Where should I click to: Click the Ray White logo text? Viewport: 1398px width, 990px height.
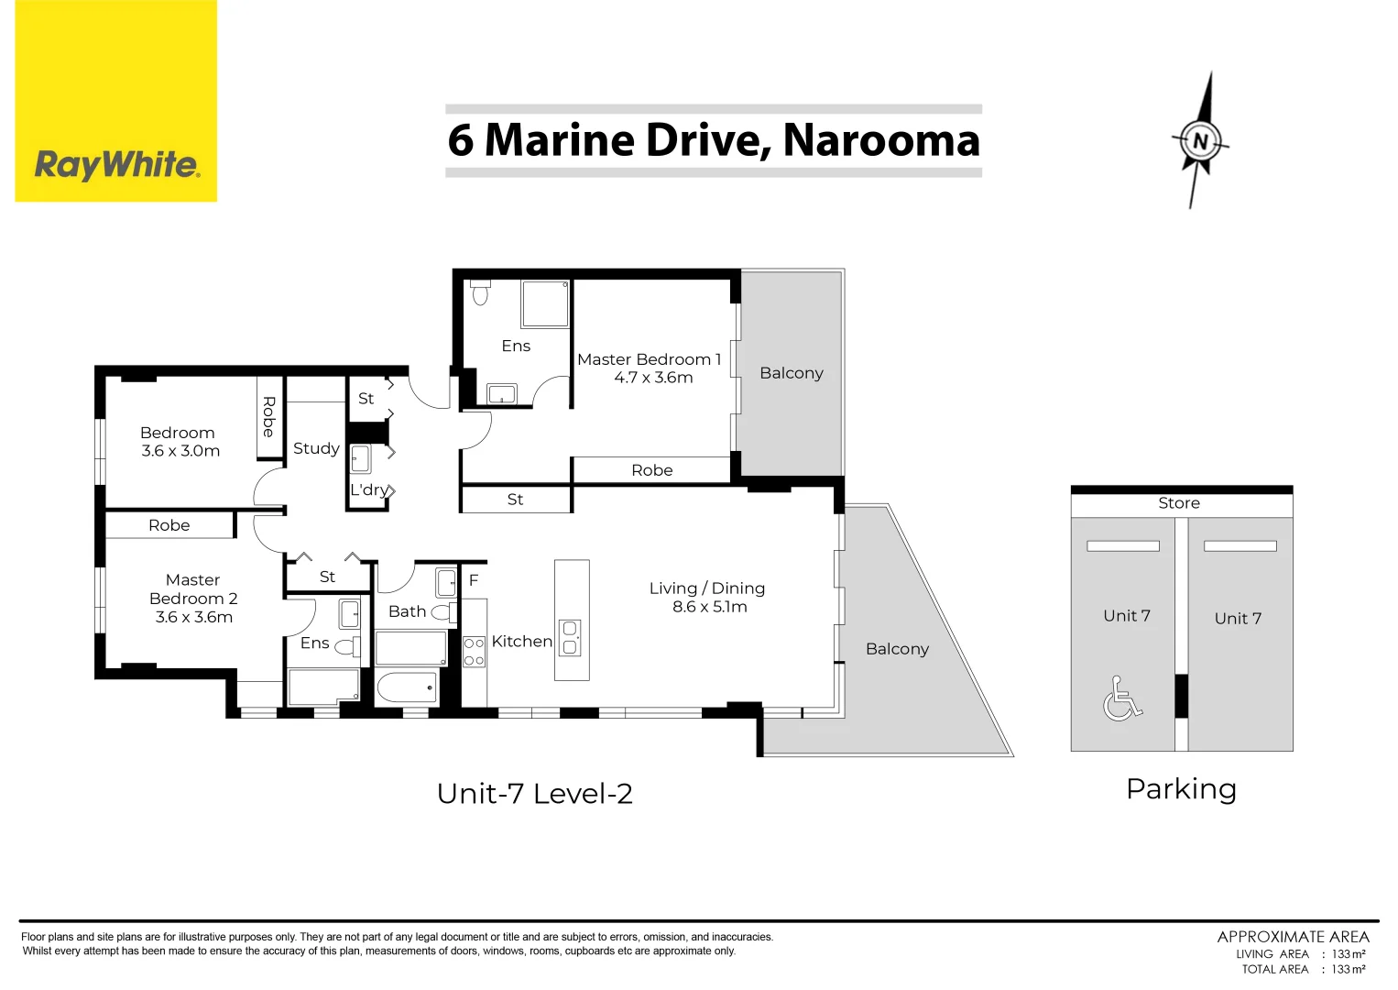click(116, 166)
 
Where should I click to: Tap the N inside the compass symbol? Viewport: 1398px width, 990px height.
click(1200, 141)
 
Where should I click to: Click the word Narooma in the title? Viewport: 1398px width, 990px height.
click(881, 140)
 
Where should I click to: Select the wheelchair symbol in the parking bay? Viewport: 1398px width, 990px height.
click(1122, 698)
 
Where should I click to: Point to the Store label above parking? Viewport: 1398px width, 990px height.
click(1179, 503)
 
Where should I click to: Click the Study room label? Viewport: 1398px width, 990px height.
click(316, 448)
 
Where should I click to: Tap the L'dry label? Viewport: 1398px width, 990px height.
click(369, 489)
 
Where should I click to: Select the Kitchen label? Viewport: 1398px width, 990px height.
click(522, 641)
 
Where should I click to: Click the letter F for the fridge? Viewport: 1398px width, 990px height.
click(474, 580)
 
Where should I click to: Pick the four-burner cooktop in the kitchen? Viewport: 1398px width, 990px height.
click(474, 652)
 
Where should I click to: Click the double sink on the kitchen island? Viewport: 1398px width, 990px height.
click(570, 638)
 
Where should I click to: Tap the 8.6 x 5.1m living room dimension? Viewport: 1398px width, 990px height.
click(710, 607)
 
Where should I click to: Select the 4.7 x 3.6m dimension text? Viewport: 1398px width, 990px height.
click(653, 378)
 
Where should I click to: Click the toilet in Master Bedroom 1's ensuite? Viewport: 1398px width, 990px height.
click(480, 291)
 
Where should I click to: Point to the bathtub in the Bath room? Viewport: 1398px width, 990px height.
click(407, 687)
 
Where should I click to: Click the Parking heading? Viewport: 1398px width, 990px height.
click(1182, 789)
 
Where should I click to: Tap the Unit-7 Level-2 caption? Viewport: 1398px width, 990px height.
click(535, 794)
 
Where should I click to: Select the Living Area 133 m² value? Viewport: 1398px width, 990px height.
click(1349, 953)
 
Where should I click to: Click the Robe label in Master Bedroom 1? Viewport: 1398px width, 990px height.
click(652, 470)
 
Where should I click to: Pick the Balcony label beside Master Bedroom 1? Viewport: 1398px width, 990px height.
click(792, 373)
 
